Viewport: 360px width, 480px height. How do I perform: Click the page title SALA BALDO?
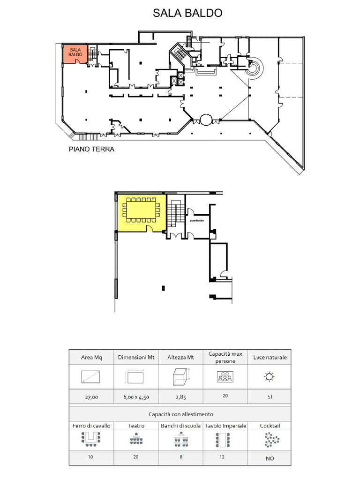pyautogui.click(x=187, y=13)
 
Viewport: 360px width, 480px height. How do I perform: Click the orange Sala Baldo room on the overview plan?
pyautogui.click(x=75, y=54)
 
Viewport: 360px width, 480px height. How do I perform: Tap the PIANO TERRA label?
pyautogui.click(x=91, y=149)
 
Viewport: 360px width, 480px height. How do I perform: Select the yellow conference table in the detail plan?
pyautogui.click(x=141, y=210)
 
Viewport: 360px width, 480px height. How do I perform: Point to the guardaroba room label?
pyautogui.click(x=197, y=220)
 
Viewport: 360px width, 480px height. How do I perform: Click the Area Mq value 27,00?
pyautogui.click(x=91, y=397)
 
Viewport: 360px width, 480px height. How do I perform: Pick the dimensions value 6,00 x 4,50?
pyautogui.click(x=136, y=397)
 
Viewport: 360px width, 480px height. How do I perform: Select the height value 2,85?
pyautogui.click(x=180, y=397)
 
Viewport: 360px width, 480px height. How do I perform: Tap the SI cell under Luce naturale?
pyautogui.click(x=270, y=397)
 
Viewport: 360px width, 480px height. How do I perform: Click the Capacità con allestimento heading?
pyautogui.click(x=180, y=414)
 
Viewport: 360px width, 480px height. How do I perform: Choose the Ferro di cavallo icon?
pyautogui.click(x=91, y=439)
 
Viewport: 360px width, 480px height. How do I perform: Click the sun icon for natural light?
pyautogui.click(x=269, y=376)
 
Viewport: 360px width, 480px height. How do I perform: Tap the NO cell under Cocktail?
pyautogui.click(x=270, y=458)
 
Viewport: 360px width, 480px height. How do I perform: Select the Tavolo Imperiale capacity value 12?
pyautogui.click(x=222, y=457)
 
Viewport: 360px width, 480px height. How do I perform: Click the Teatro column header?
pyautogui.click(x=136, y=426)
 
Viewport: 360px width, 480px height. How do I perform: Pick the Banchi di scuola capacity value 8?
pyautogui.click(x=181, y=457)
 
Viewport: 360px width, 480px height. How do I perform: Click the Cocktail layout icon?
pyautogui.click(x=271, y=440)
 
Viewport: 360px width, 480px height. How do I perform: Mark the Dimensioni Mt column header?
pyautogui.click(x=136, y=357)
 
